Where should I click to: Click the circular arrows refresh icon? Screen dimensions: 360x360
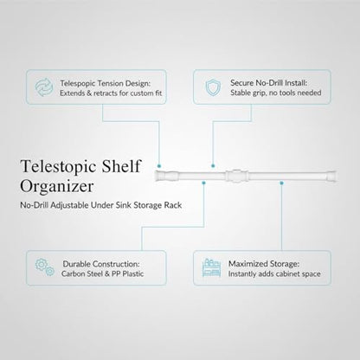pos(44,87)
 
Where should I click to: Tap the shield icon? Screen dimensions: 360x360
pos(213,87)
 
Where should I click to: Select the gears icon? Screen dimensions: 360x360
pos(45,267)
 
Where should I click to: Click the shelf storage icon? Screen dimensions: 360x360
pos(211,267)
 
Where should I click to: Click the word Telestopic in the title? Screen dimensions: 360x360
pos(59,167)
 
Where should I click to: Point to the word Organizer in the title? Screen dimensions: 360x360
pos(57,186)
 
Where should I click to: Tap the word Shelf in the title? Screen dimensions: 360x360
pos(121,165)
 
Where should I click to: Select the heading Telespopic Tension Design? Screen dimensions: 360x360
pos(106,83)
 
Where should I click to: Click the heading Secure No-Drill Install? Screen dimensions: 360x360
pos(268,83)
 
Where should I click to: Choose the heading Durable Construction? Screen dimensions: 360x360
pos(101,264)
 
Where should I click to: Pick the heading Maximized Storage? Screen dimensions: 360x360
pos(264,264)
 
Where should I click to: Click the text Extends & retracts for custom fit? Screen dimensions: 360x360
pos(111,93)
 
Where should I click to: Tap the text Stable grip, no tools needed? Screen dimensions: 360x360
pos(276,93)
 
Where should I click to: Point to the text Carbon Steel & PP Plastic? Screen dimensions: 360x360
pos(102,273)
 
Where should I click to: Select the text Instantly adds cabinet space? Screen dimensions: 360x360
pos(274,273)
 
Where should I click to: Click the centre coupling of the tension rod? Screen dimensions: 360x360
pos(236,176)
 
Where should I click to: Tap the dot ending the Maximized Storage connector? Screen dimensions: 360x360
pos(281,183)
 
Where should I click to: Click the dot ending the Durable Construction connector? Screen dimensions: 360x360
pos(203,183)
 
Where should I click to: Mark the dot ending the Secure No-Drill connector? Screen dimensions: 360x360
pos(213,166)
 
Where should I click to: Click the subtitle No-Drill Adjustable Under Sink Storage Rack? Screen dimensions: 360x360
pos(101,205)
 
